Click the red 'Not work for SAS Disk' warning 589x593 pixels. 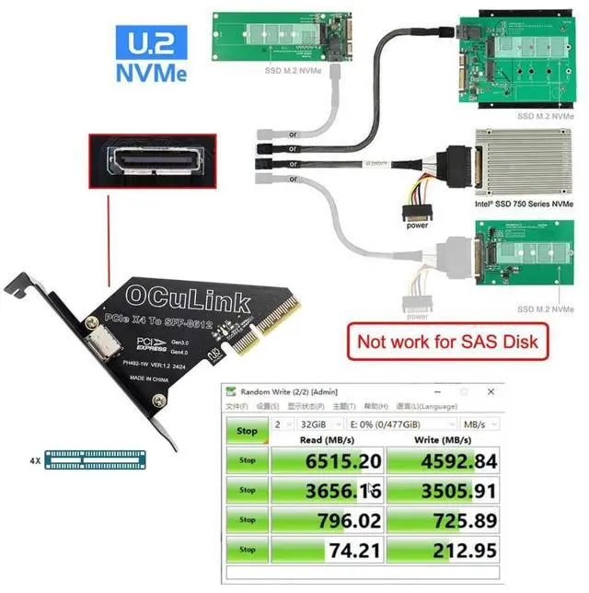point(448,343)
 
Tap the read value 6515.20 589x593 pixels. point(328,460)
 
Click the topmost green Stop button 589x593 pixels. point(247,431)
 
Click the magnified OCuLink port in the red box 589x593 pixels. point(152,161)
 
